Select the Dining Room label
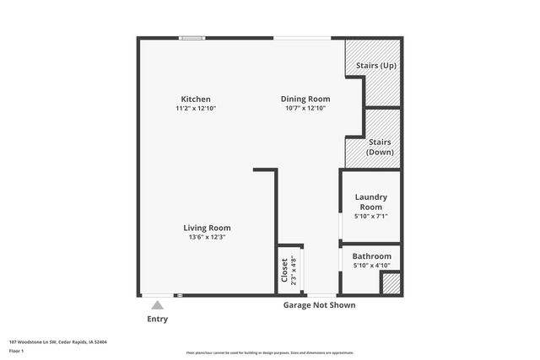point(305,99)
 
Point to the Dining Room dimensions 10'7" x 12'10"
point(305,108)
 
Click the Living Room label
point(208,228)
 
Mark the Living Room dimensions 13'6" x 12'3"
point(208,237)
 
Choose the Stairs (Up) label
point(376,65)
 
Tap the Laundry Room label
point(370,201)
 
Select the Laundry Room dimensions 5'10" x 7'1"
point(370,217)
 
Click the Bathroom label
point(371,256)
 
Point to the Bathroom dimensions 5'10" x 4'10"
point(371,266)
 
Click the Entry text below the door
point(158,320)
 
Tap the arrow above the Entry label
point(158,305)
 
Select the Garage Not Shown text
point(318,305)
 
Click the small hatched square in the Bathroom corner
point(390,283)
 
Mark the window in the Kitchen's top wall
point(192,37)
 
